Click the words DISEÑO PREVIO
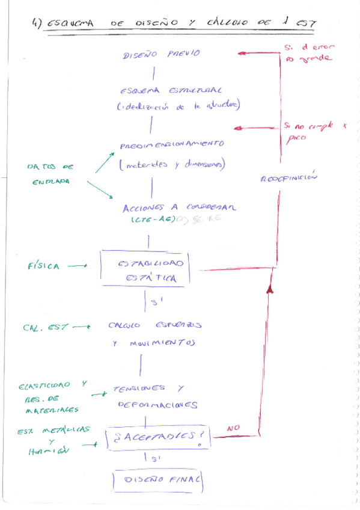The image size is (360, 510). coord(162,54)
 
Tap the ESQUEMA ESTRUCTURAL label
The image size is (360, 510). coord(171,91)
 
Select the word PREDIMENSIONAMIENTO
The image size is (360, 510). coord(172,145)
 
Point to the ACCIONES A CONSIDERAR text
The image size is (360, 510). coord(179,207)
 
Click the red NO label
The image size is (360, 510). coord(234,429)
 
